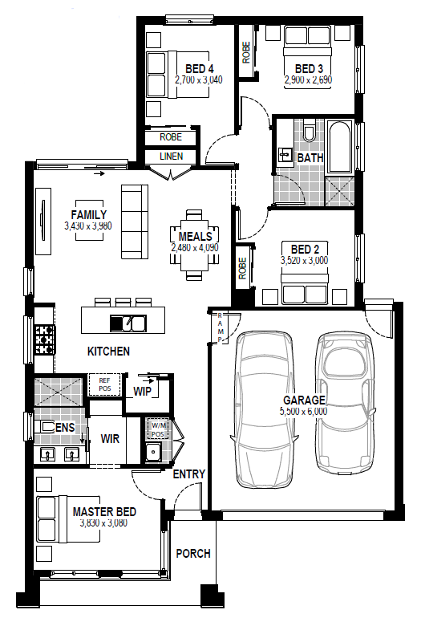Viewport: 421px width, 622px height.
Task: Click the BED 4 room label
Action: click(200, 69)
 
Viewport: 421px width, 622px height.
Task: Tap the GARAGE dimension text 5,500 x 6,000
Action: click(304, 411)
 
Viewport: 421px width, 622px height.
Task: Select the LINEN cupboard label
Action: click(172, 157)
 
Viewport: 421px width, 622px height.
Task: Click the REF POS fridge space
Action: click(105, 384)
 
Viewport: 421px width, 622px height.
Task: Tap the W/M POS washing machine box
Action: click(158, 429)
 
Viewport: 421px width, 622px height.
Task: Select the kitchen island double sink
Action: click(128, 323)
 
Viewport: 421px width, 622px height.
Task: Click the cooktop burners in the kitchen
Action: click(45, 339)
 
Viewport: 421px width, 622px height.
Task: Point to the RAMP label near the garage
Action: click(221, 327)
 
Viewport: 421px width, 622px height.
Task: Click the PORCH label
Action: click(193, 553)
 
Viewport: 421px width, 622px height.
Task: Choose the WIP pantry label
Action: click(142, 392)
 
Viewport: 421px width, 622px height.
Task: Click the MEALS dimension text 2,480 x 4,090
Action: click(195, 247)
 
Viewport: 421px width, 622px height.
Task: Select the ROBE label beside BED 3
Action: click(245, 52)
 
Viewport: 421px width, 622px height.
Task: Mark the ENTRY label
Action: click(189, 474)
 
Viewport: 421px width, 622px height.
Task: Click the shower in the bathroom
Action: click(339, 191)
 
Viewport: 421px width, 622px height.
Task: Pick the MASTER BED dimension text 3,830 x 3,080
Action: click(103, 522)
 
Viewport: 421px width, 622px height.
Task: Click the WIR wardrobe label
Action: click(110, 439)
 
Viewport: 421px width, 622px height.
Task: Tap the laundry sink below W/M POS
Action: click(152, 452)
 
